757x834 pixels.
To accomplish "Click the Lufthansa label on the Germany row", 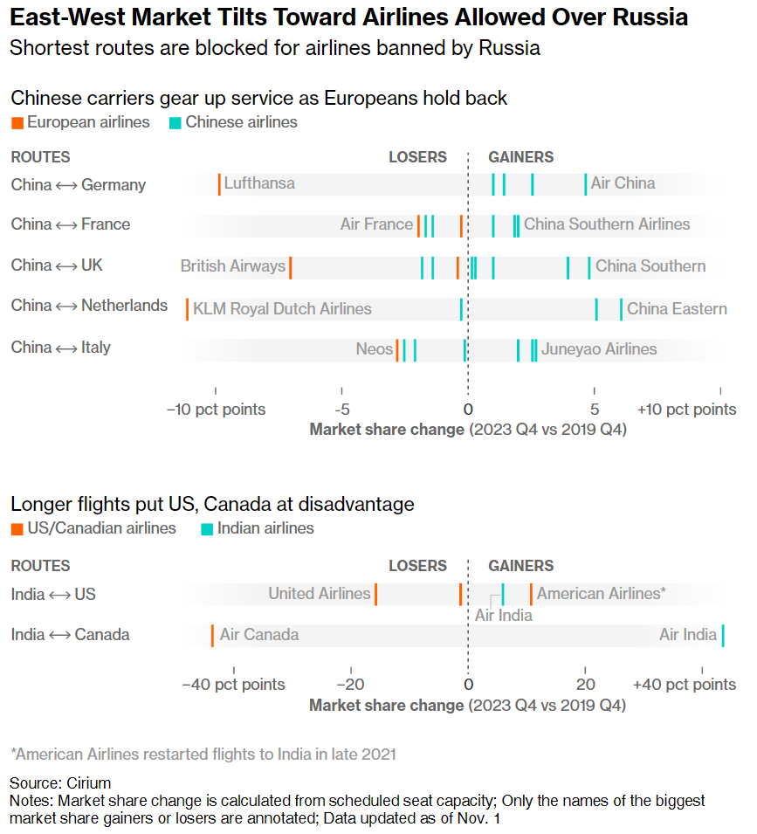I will tap(259, 183).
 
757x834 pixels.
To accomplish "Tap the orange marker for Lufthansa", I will tap(219, 184).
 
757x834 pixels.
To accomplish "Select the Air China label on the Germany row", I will tap(623, 183).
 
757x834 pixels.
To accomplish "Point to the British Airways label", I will tap(233, 266).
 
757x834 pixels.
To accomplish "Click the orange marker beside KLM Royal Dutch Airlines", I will tap(187, 308).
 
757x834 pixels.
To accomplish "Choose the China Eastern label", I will tap(677, 308).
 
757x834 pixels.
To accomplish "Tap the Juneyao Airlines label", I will tap(599, 349).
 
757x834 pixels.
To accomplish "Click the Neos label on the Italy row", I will tap(375, 349).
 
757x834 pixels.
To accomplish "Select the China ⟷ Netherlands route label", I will tap(89, 306).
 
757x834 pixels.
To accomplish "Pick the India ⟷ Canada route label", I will tap(70, 635).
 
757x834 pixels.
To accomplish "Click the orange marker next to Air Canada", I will tap(212, 635).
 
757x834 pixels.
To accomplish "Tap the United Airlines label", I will tap(320, 594).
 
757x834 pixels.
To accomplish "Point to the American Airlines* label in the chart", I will tap(602, 594).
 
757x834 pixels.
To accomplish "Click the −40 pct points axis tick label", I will tap(233, 685).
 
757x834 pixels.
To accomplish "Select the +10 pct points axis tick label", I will tap(686, 410).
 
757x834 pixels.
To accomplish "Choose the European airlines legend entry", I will tap(80, 122).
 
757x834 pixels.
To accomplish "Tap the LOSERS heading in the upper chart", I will tap(417, 157).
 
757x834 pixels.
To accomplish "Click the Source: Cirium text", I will tap(60, 782).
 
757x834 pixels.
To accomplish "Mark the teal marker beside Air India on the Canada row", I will tap(723, 635).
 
